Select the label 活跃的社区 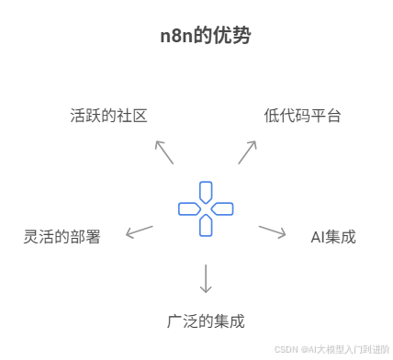click(x=108, y=116)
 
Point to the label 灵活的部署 click(x=62, y=236)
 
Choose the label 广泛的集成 click(x=206, y=321)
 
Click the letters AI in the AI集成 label click(x=319, y=237)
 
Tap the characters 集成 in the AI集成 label click(x=342, y=237)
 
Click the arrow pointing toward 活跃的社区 click(x=164, y=152)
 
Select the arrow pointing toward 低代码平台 click(x=247, y=152)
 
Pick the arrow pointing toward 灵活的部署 click(x=140, y=231)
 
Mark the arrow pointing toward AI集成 click(x=272, y=231)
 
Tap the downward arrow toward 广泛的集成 click(x=206, y=278)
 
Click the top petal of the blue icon click(x=206, y=191)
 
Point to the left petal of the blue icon click(x=188, y=208)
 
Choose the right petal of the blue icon click(x=223, y=208)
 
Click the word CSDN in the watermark click(x=286, y=350)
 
